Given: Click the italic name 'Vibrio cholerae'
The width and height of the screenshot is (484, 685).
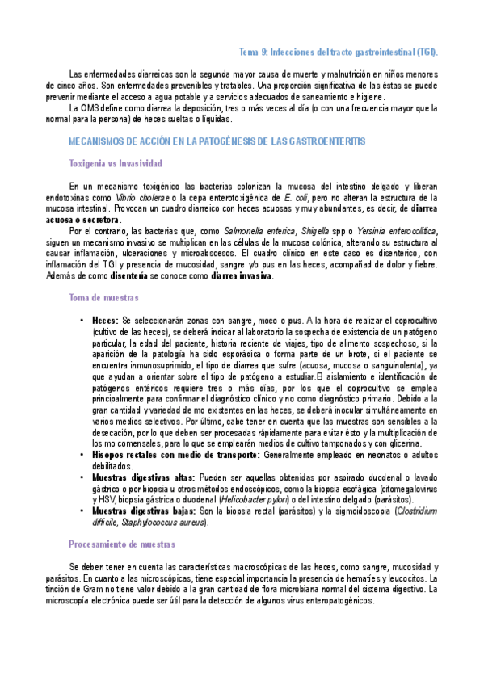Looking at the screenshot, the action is (x=137, y=196).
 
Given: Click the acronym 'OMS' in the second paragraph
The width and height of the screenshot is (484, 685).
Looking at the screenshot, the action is (x=89, y=107).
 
